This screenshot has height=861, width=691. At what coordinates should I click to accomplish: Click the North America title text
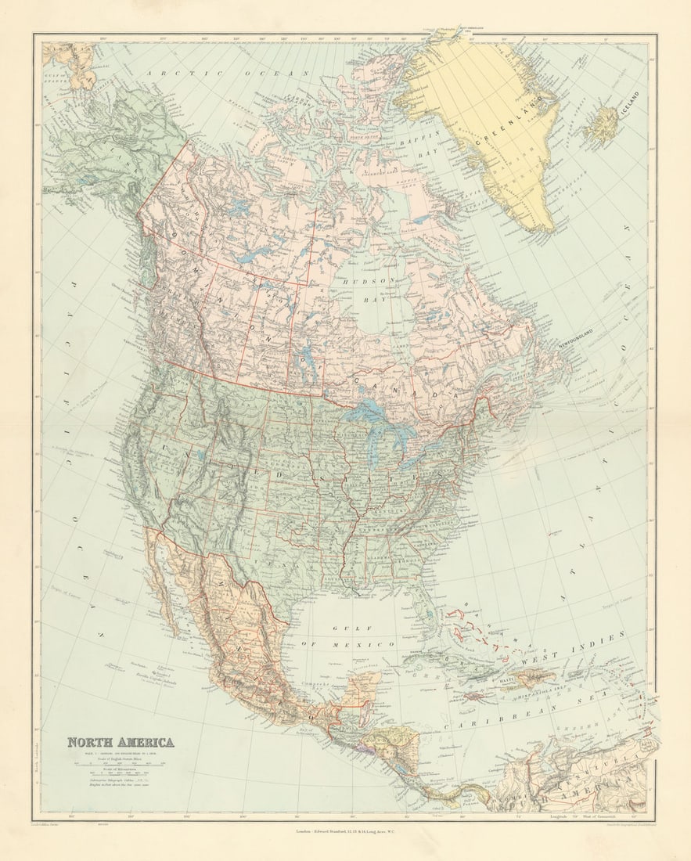click(121, 742)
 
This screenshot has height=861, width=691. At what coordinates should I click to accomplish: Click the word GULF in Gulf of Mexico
click(345, 629)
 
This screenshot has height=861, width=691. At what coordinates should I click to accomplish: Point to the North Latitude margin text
click(37, 763)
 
